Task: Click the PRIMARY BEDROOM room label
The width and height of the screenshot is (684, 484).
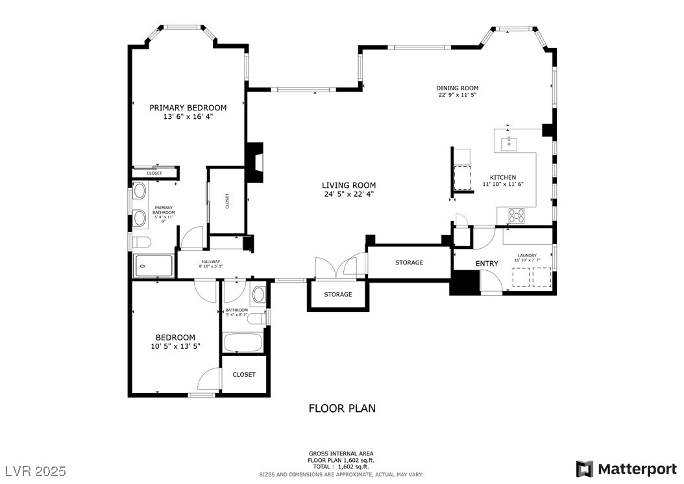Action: click(188, 108)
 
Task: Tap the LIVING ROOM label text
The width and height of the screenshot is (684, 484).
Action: click(349, 186)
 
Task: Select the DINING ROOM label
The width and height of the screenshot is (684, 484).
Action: click(457, 88)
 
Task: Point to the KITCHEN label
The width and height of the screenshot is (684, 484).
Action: click(502, 177)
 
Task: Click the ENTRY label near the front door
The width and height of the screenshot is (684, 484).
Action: click(487, 263)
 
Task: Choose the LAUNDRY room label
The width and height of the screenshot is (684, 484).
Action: click(527, 255)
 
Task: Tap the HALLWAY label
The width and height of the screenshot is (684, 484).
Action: click(211, 261)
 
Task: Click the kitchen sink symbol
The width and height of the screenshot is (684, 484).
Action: click(509, 140)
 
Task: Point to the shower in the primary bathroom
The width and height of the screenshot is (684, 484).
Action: click(154, 266)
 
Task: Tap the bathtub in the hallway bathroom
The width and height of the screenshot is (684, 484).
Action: click(243, 342)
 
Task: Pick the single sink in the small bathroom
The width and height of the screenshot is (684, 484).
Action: click(258, 294)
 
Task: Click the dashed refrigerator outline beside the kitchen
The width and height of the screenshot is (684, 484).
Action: click(462, 177)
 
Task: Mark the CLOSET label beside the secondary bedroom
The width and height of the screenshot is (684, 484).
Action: click(244, 375)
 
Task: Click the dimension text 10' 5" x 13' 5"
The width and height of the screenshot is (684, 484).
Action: click(175, 346)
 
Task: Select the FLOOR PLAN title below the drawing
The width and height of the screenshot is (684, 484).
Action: click(341, 409)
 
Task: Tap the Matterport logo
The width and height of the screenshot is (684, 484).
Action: click(626, 468)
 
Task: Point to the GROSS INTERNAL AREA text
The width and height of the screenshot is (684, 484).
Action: click(341, 453)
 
